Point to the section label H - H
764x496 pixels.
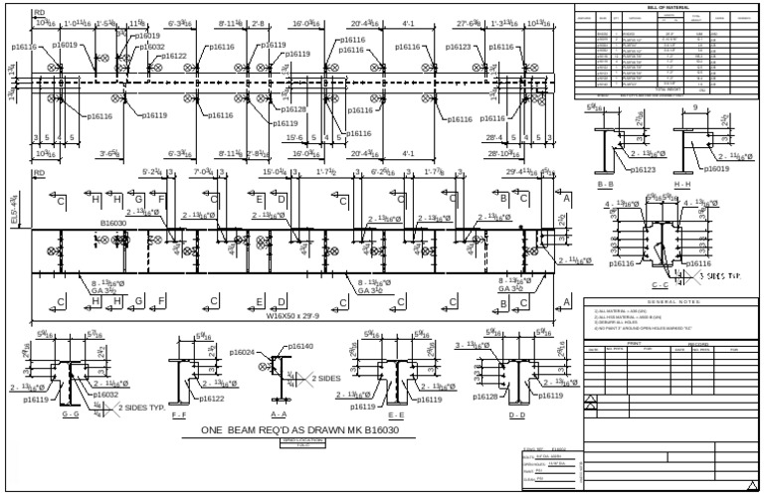click(x=682, y=186)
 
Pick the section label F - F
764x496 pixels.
click(x=179, y=414)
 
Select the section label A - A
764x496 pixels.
click(x=279, y=414)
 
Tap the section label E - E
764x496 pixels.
click(x=396, y=414)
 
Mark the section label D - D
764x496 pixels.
click(x=517, y=414)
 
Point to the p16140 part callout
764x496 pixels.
click(x=300, y=346)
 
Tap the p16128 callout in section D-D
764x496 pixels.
click(x=484, y=396)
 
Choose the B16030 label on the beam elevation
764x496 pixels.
click(x=114, y=224)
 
